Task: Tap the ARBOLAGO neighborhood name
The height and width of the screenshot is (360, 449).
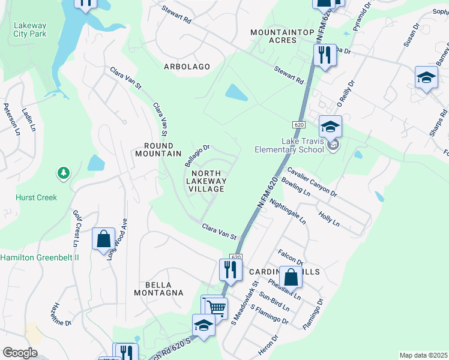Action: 187,67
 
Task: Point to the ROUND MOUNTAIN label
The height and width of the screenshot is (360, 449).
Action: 162,149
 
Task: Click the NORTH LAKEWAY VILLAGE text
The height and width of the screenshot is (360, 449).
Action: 206,181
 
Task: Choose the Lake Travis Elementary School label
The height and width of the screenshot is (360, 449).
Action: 289,146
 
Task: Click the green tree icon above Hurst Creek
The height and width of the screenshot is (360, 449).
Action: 63,173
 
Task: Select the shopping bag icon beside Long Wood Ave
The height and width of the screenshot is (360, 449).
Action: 103,238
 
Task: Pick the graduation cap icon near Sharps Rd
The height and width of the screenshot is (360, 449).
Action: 426,78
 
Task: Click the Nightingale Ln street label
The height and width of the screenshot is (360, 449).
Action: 289,212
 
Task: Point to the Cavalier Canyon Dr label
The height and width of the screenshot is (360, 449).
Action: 313,182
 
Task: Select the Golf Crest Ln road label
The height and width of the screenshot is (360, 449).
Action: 76,229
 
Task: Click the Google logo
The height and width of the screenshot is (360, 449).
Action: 20,353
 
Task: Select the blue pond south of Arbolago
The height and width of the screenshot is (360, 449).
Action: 236,92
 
